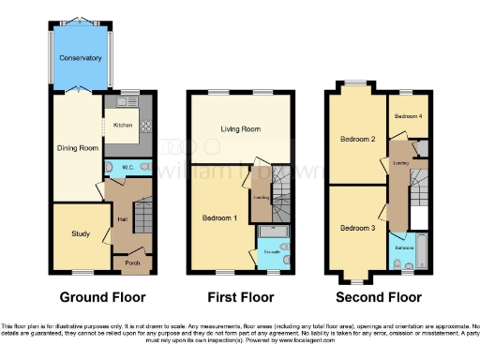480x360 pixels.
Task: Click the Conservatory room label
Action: coord(81,58)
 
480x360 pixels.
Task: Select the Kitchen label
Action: coord(124,125)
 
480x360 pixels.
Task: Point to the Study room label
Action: coord(78,232)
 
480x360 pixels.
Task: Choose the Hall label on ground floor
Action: coord(122,219)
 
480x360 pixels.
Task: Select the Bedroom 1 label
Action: coord(219,217)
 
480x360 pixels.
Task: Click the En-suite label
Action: coord(272,253)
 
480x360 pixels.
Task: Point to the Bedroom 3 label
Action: coord(357,228)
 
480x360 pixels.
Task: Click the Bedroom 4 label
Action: coord(408,115)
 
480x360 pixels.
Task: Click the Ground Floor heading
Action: coord(103,297)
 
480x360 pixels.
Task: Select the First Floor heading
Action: coord(240,297)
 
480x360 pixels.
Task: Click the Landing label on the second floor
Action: coord(399,161)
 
